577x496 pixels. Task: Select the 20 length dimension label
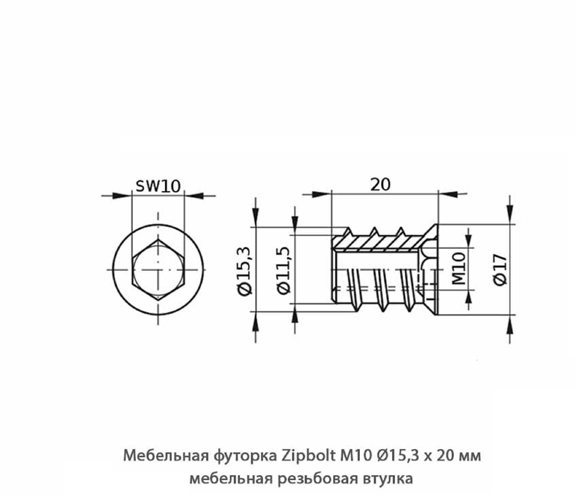click(380, 184)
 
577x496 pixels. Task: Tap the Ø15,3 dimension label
click(245, 271)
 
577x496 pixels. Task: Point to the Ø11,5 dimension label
click(284, 270)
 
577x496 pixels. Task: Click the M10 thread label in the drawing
click(459, 268)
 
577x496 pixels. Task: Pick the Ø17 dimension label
click(500, 270)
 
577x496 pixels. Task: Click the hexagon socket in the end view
click(158, 270)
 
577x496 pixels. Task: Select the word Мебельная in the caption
click(166, 455)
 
